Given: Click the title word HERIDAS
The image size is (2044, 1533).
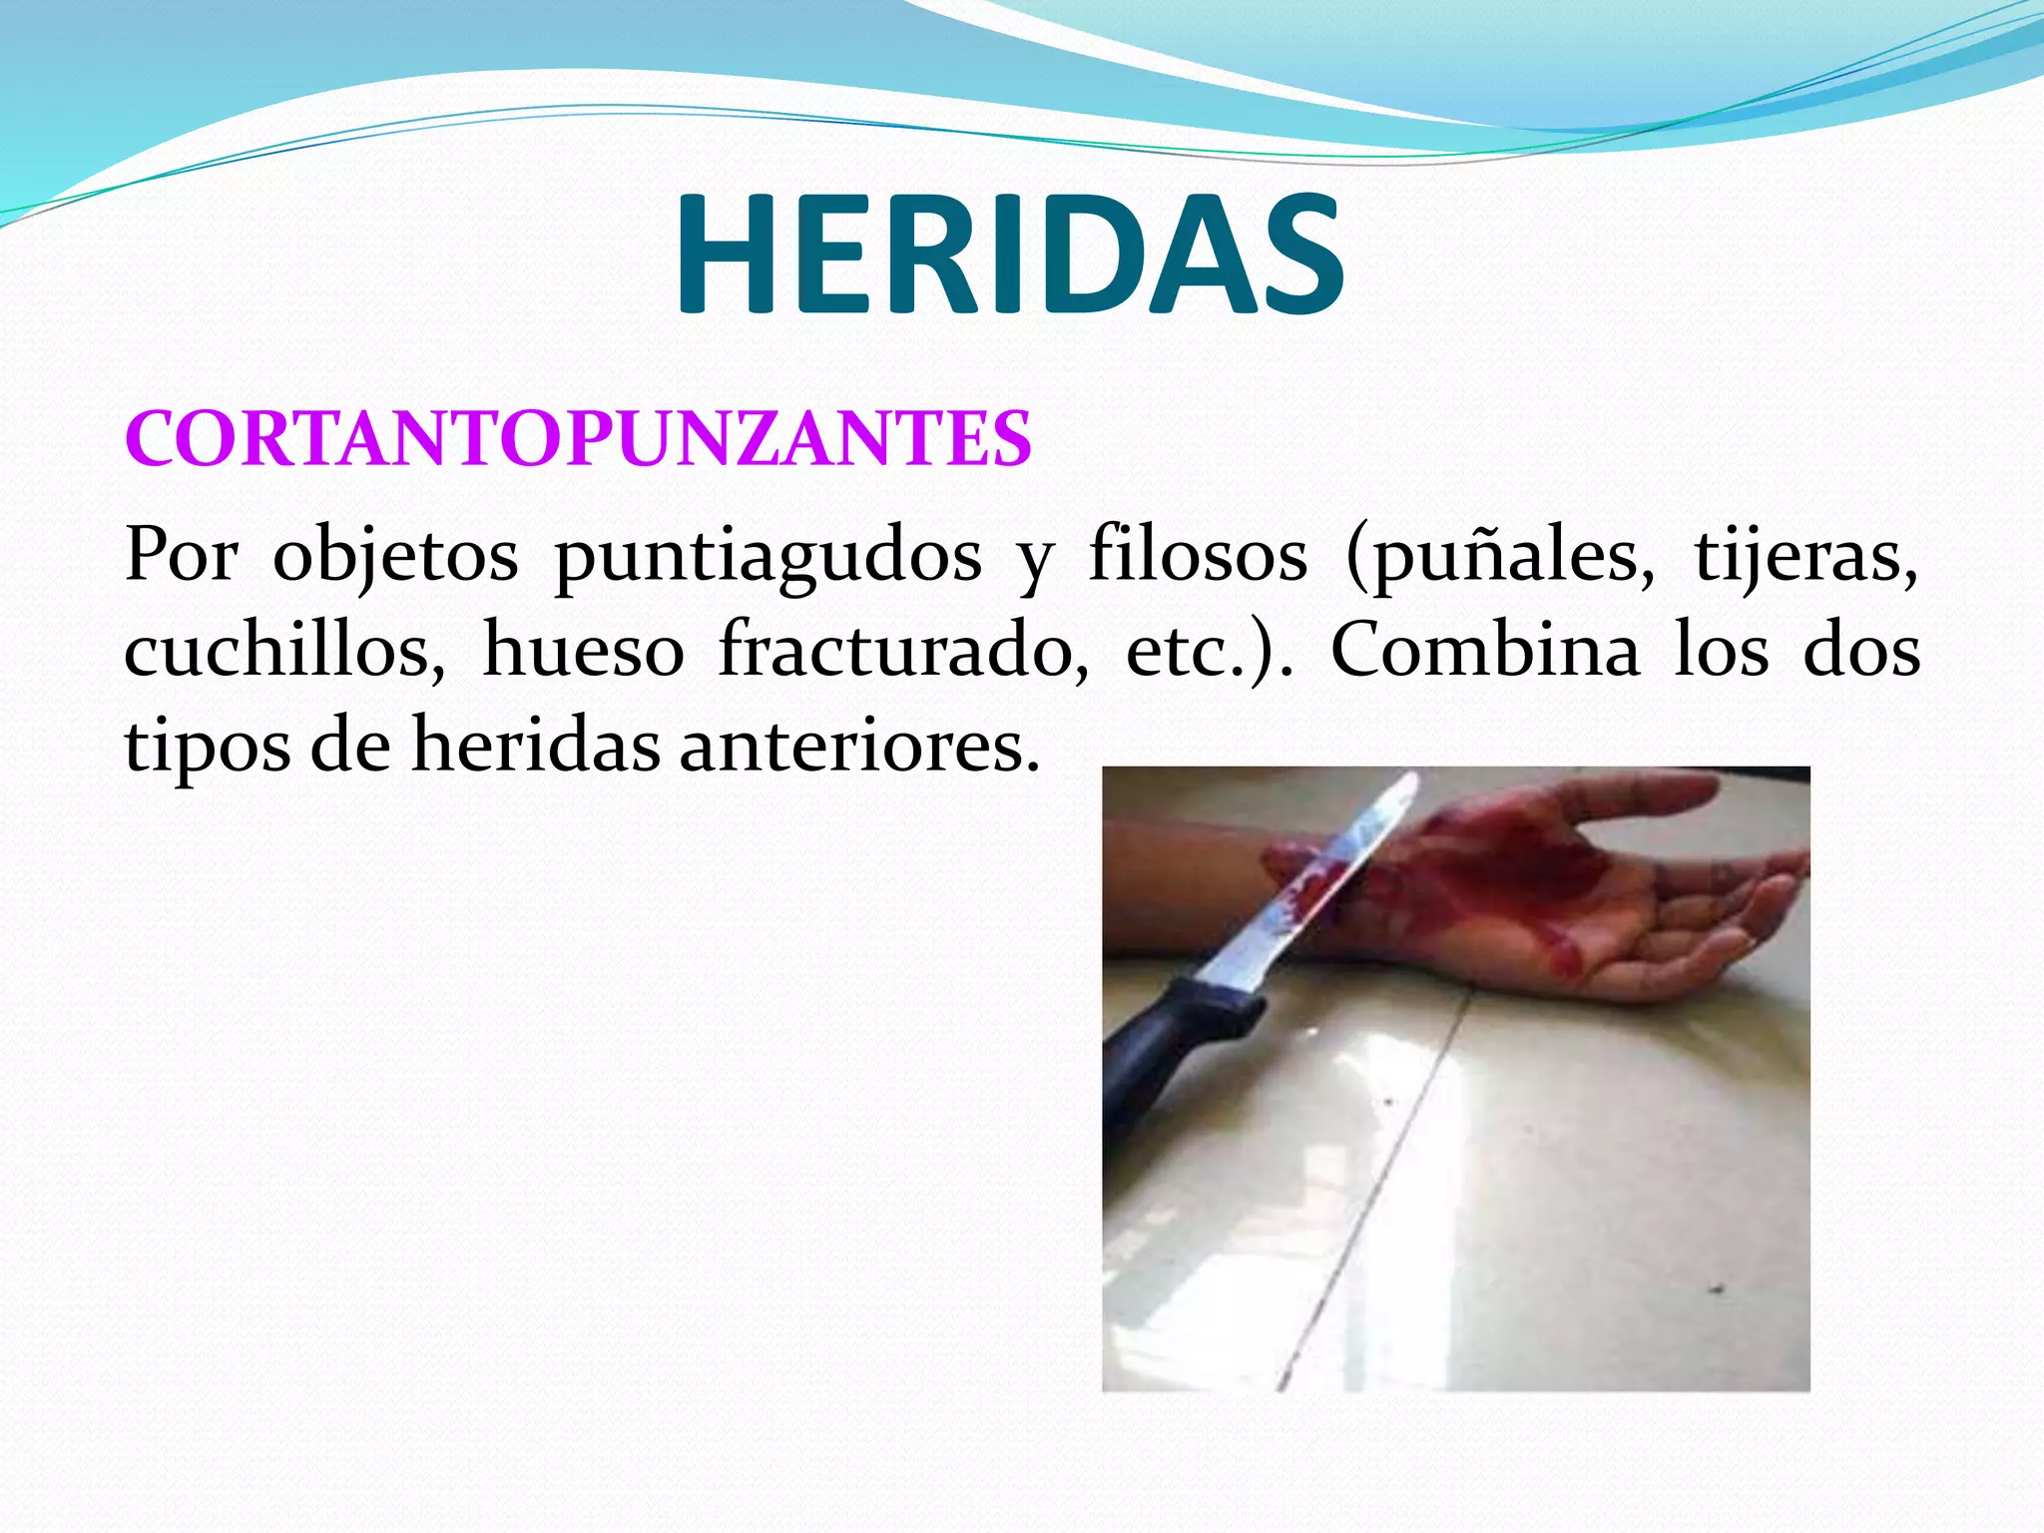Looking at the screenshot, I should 1010,255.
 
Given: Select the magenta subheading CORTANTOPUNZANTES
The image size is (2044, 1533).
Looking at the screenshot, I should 578,438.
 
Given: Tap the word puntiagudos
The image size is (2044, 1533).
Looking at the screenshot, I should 767,555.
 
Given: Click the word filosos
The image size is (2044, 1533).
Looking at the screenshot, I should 1198,555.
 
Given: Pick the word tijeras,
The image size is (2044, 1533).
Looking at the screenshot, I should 1806,555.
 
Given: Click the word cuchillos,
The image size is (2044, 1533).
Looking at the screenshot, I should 284,651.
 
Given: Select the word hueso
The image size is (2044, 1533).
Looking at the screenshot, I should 583,651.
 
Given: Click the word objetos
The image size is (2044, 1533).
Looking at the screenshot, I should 395,557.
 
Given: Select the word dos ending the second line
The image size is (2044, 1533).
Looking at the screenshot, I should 1861,651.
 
